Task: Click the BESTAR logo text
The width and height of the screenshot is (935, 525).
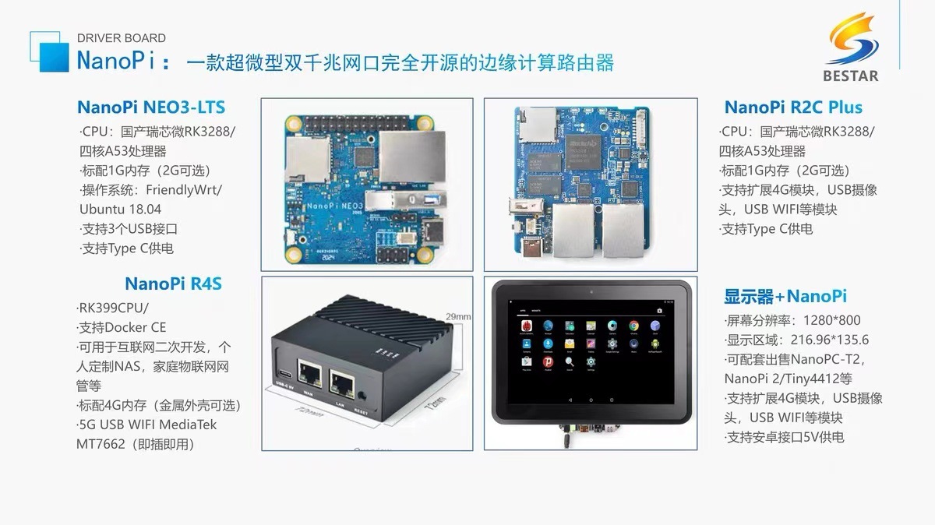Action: (849, 76)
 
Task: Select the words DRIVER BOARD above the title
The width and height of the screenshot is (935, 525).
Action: (122, 37)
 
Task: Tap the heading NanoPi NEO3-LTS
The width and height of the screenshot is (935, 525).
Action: (151, 107)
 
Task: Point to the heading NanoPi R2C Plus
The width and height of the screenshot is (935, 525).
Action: (793, 107)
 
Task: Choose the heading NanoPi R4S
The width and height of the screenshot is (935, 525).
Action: (173, 284)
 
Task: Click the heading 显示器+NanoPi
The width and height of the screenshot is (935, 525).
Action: (785, 296)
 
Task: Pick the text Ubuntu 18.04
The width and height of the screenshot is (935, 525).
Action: (120, 209)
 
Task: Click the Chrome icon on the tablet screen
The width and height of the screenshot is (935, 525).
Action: (633, 326)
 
